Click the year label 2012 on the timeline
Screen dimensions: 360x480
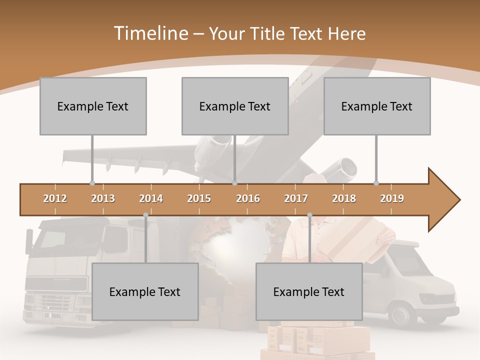(x=55, y=198)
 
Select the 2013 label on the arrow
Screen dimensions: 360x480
(x=103, y=198)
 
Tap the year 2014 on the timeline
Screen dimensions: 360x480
(x=151, y=198)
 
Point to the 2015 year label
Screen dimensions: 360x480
(x=199, y=198)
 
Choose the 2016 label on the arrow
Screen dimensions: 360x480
(x=248, y=198)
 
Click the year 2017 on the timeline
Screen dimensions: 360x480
(x=296, y=198)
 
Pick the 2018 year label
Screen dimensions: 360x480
(x=344, y=198)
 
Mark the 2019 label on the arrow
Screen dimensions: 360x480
(x=392, y=198)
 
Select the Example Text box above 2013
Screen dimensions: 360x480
(x=93, y=106)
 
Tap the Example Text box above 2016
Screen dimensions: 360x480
(x=235, y=106)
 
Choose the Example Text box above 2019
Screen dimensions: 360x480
(x=377, y=106)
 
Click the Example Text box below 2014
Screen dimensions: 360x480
(x=145, y=291)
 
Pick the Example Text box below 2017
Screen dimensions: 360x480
(x=309, y=291)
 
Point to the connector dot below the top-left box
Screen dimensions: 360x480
(x=92, y=183)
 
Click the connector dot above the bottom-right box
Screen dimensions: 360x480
(x=309, y=215)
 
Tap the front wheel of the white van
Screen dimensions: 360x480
(x=401, y=315)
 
